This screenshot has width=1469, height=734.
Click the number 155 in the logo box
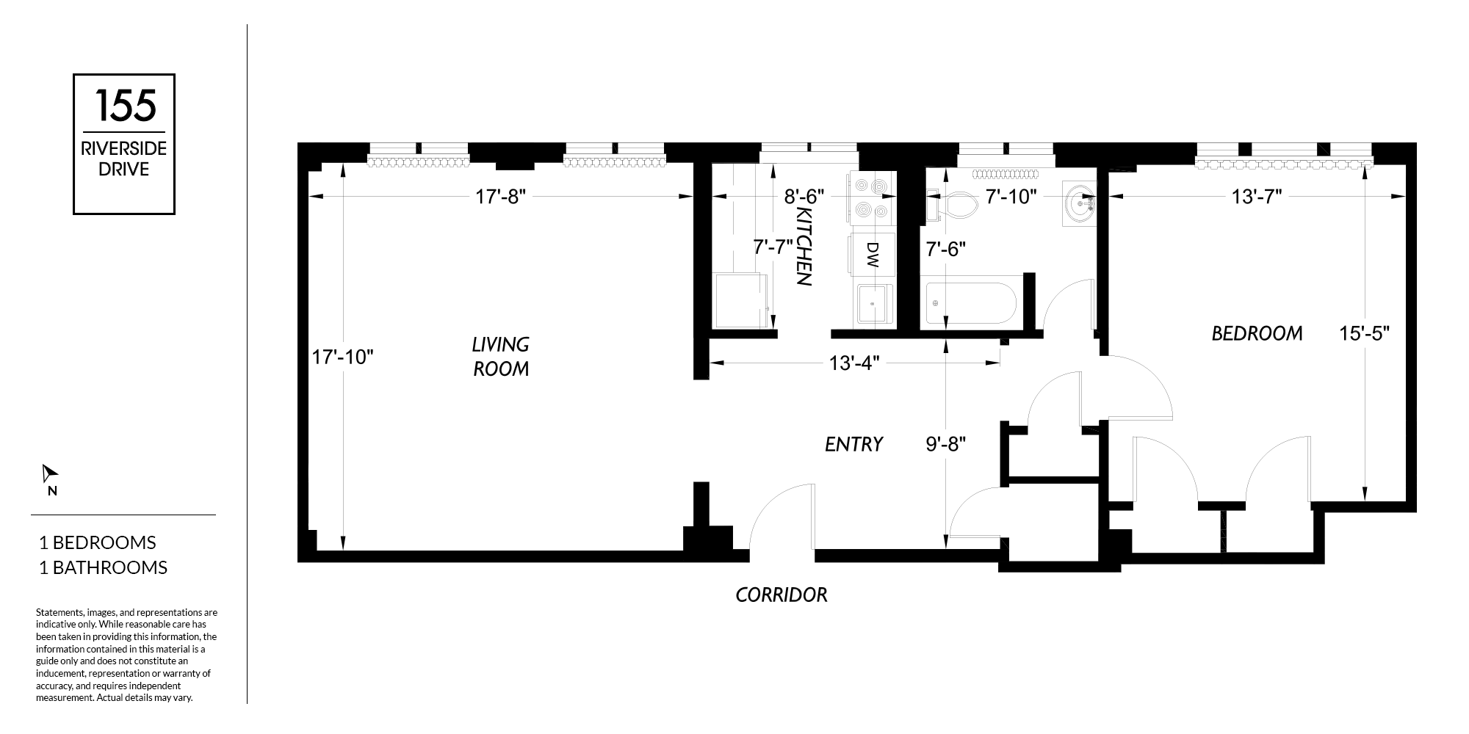click(124, 105)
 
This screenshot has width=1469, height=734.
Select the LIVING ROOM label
click(501, 356)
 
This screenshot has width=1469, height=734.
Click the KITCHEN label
click(803, 246)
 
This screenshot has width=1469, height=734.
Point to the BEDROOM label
click(1257, 334)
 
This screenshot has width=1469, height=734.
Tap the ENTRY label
click(853, 444)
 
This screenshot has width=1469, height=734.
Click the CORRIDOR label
click(782, 595)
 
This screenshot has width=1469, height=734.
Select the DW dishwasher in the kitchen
click(872, 255)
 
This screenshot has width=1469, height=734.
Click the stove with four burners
click(872, 198)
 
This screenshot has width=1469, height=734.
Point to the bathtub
click(970, 303)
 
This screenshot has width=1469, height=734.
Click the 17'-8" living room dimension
click(501, 197)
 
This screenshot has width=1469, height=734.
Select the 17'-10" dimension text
click(344, 357)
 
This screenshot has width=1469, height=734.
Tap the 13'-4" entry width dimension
click(854, 363)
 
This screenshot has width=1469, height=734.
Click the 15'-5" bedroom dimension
click(1364, 334)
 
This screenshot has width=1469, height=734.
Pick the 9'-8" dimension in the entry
click(945, 444)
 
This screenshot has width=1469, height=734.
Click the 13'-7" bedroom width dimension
click(1257, 197)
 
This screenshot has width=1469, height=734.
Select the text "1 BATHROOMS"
click(103, 567)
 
